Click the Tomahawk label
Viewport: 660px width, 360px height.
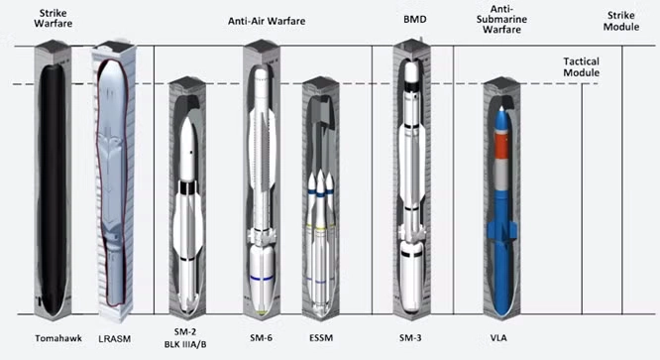coord(58,338)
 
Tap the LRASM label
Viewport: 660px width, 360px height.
coord(115,338)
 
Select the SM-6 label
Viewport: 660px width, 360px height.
coord(261,337)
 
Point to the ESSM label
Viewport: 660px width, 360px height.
coord(321,337)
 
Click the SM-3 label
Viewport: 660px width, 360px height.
coord(410,337)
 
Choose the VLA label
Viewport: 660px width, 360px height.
coord(498,337)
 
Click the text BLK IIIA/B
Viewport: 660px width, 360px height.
coord(185,344)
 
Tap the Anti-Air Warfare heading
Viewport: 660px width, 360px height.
coord(267,21)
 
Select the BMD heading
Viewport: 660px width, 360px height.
coord(415,20)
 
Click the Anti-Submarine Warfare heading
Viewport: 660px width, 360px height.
coord(501,20)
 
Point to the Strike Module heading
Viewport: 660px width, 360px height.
coord(621,21)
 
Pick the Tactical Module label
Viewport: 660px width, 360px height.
coord(582,67)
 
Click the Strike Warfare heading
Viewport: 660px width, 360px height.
coord(54,18)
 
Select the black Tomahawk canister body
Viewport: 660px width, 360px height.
coord(54,185)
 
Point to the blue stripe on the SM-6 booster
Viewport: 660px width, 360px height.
coord(262,279)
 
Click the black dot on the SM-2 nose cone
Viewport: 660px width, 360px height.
coord(191,152)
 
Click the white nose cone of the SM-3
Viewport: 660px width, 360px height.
coord(411,71)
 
